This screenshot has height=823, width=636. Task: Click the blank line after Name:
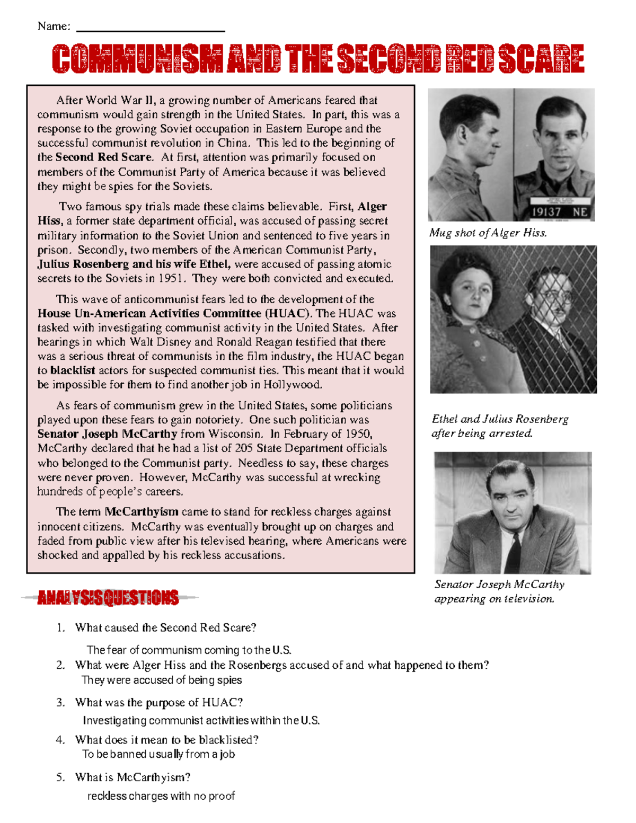tap(151, 30)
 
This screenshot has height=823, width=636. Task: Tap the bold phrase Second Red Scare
tap(104, 157)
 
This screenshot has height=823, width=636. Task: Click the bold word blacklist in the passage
tap(73, 370)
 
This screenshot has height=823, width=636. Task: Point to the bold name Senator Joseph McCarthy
tap(107, 434)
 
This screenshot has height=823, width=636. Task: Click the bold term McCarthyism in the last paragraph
tap(142, 512)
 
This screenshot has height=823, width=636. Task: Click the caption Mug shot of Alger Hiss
tap(488, 233)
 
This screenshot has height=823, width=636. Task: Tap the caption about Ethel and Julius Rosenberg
tap(500, 426)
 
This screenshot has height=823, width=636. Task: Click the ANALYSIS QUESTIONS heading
tap(108, 598)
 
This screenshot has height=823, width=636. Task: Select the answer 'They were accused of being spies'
tap(162, 680)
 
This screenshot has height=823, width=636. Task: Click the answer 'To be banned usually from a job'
tap(158, 755)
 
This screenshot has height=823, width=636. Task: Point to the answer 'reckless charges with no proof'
tap(161, 796)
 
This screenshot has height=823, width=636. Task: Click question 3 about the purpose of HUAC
tap(159, 703)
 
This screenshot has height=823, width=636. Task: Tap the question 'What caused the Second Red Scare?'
tap(165, 628)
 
